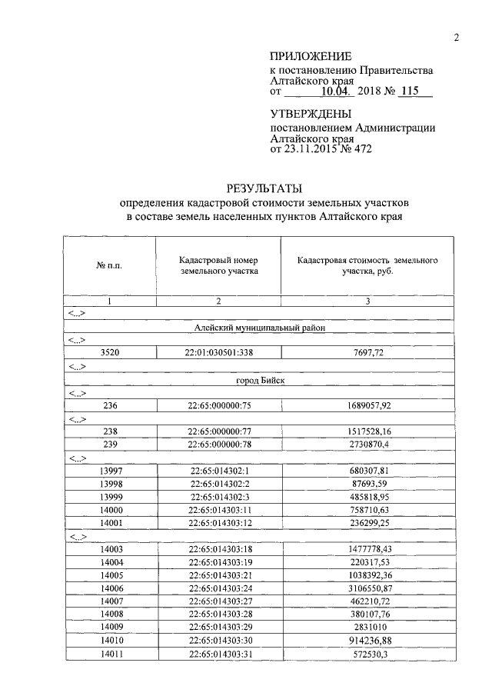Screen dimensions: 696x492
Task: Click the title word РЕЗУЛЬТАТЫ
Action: pos(264,188)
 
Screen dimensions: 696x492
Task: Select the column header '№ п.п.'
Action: pos(109,265)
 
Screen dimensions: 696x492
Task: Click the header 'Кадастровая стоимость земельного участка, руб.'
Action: pos(367,265)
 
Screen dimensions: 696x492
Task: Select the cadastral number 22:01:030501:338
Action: pos(219,353)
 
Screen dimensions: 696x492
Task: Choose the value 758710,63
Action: pos(367,510)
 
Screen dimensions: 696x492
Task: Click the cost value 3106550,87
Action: pos(367,588)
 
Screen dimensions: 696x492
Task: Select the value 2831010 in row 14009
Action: pos(367,628)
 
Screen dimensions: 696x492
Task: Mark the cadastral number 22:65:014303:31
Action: pos(219,654)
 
